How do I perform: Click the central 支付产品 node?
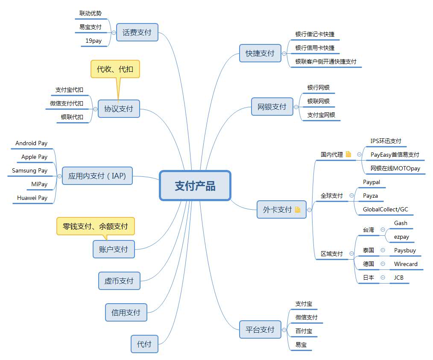[x=195, y=185]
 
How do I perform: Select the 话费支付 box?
[x=137, y=32]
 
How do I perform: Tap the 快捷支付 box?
[x=260, y=53]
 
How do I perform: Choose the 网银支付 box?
[x=272, y=107]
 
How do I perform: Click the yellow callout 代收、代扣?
[x=115, y=69]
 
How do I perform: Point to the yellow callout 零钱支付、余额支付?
[x=95, y=226]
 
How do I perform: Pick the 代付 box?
[x=144, y=344]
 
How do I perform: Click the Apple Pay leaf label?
[x=35, y=157]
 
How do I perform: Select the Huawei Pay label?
[x=32, y=198]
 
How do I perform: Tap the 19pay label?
[x=94, y=41]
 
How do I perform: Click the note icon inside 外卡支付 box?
[x=297, y=210]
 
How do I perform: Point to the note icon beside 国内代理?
[x=348, y=154]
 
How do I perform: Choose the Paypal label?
[x=372, y=182]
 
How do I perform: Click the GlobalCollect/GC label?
[x=386, y=209]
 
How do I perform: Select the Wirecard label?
[x=406, y=264]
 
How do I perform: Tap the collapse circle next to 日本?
[x=383, y=278]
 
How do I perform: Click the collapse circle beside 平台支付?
[x=284, y=330]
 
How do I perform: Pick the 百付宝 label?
[x=304, y=331]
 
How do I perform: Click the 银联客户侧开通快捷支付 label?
[x=326, y=61]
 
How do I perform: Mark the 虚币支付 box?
[x=119, y=281]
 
